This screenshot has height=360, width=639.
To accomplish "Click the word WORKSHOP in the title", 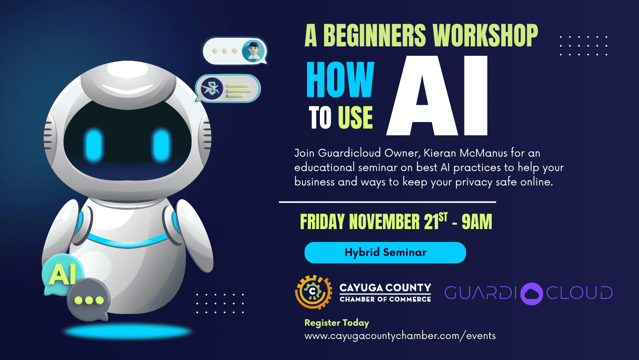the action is pyautogui.click(x=485, y=35).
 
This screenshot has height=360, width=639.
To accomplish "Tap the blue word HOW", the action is pyautogui.click(x=340, y=79).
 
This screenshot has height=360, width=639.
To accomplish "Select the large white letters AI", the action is pyautogui.click(x=437, y=95).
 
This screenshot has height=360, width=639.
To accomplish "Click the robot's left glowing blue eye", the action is pyautogui.click(x=94, y=145).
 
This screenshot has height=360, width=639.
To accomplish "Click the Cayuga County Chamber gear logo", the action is pyautogui.click(x=314, y=292).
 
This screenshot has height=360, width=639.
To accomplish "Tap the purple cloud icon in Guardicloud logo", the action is pyautogui.click(x=531, y=293).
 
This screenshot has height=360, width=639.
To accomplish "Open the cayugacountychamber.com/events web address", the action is pyautogui.click(x=400, y=336).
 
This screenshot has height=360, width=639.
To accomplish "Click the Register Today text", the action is pyautogui.click(x=337, y=323).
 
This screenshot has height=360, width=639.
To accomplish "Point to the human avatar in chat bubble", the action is pyautogui.click(x=253, y=51).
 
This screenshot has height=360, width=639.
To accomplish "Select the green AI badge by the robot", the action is pyautogui.click(x=63, y=274).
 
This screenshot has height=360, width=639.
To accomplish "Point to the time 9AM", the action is pyautogui.click(x=477, y=222).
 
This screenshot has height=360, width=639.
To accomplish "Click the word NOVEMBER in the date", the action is pyautogui.click(x=385, y=222).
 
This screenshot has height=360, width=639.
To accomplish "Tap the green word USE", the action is pyautogui.click(x=355, y=118).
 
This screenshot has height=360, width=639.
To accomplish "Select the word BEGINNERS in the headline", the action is pyautogui.click(x=374, y=35).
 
